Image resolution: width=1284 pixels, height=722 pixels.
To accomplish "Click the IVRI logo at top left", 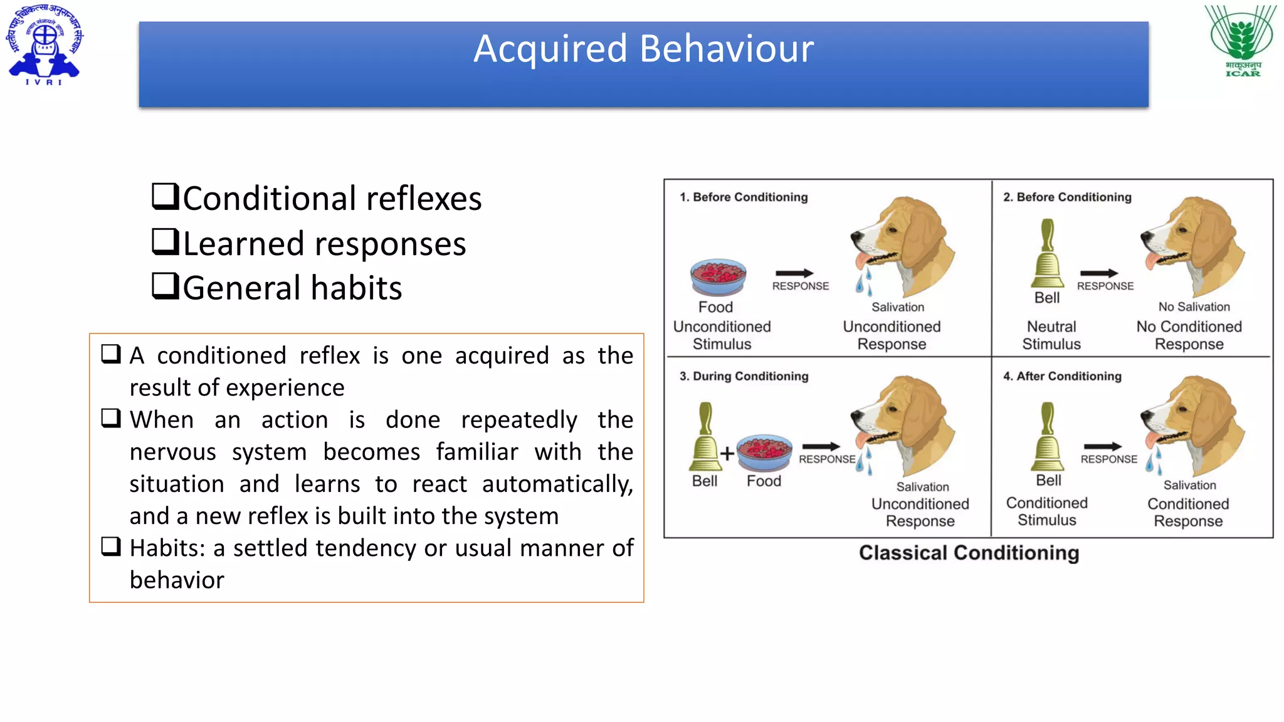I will (x=44, y=44).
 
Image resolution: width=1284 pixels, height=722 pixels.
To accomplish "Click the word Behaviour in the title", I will (x=727, y=49).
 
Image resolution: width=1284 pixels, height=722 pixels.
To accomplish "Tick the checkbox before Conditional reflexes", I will (x=166, y=196).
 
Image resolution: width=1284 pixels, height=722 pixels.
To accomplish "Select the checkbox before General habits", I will (x=166, y=286).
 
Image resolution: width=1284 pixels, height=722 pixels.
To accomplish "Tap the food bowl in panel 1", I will (x=718, y=277).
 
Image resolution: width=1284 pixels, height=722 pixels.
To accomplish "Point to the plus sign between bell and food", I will (x=727, y=453).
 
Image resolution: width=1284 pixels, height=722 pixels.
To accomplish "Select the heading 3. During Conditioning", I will (x=744, y=376).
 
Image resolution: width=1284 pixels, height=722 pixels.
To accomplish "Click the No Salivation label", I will (x=1194, y=306).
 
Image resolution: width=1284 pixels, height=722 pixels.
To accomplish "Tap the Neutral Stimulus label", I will (x=1051, y=335).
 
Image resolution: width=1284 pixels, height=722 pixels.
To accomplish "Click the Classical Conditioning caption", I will (x=969, y=553).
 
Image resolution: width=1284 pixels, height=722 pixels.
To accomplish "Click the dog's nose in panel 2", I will (x=1145, y=236).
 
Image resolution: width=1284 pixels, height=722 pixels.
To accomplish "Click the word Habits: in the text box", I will (x=167, y=548).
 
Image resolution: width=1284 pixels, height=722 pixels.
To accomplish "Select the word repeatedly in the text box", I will (x=518, y=420).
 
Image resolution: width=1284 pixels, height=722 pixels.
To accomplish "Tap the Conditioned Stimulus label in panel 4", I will (x=1046, y=511).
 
